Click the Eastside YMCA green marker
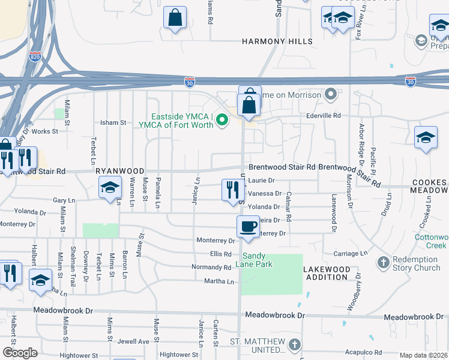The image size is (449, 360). point(222,120)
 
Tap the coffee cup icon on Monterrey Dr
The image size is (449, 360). point(248,227)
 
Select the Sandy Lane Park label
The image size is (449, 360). point(258,260)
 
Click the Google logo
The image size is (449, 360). point(20,353)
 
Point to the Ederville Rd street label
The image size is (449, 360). point(323,115)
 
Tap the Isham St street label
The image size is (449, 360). point(113,122)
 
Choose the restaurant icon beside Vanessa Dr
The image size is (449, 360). point(232,190)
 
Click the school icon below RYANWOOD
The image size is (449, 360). point(110,188)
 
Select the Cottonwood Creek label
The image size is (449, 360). point(431,241)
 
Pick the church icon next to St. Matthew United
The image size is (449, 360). point(294,345)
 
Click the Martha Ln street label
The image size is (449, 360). point(221,280)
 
